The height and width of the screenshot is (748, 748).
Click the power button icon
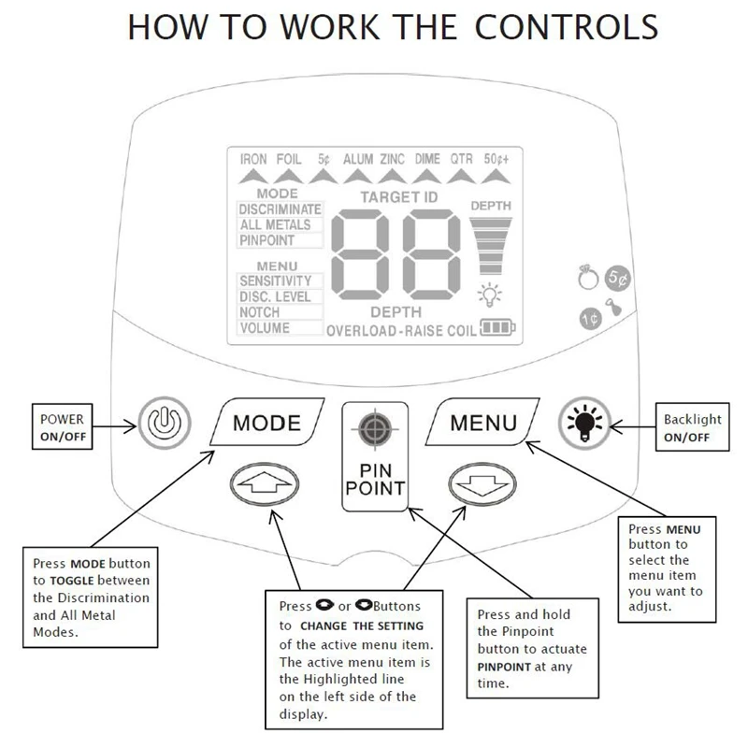(156, 422)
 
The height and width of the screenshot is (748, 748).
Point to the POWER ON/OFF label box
(63, 426)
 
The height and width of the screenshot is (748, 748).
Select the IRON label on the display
(253, 159)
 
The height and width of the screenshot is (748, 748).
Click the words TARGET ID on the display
(397, 197)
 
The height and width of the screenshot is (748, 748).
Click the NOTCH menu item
(260, 312)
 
